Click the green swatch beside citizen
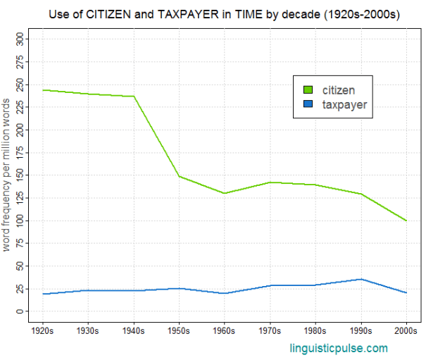[308, 89]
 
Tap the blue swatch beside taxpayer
[308, 104]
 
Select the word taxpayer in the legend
[345, 104]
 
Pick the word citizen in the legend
[338, 89]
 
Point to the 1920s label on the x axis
[43, 330]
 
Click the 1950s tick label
[180, 330]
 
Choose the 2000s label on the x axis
[407, 330]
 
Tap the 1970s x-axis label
[270, 330]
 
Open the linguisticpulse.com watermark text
[339, 348]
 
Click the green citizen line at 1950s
[180, 176]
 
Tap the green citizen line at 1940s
[134, 97]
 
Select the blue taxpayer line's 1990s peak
[361, 279]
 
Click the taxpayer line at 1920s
[43, 294]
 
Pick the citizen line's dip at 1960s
[225, 193]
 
